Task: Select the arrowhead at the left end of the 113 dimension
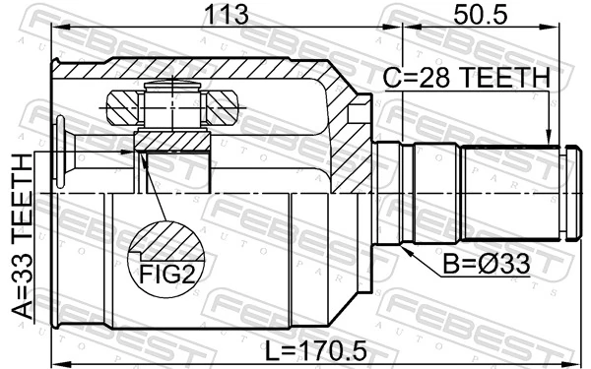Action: point(56,30)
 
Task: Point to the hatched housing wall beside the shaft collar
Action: point(350,138)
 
